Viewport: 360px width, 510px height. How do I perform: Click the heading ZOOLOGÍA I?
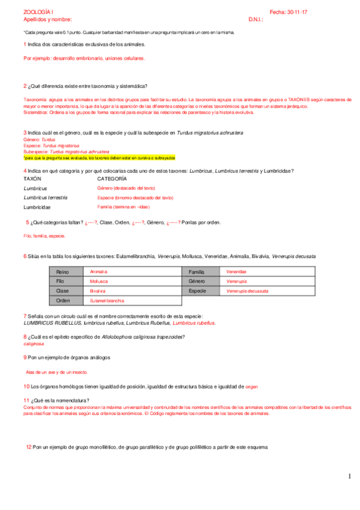point(38,12)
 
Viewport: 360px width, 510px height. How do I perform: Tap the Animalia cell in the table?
point(99,272)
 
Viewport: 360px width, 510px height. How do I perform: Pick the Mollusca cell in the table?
point(99,281)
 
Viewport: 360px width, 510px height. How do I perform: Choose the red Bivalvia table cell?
point(98,291)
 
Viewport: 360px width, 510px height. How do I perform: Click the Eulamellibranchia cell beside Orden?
point(108,300)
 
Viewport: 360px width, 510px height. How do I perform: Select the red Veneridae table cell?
point(236,272)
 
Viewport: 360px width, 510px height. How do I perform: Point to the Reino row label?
point(63,272)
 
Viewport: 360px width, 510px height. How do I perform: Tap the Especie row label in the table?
point(198,291)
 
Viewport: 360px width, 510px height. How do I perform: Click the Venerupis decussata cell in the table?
point(248,291)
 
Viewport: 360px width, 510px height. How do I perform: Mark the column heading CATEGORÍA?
point(112,179)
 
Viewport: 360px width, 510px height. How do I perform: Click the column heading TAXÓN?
point(32,179)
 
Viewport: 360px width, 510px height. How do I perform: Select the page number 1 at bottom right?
point(349,477)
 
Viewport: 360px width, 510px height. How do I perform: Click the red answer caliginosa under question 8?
point(34,345)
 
